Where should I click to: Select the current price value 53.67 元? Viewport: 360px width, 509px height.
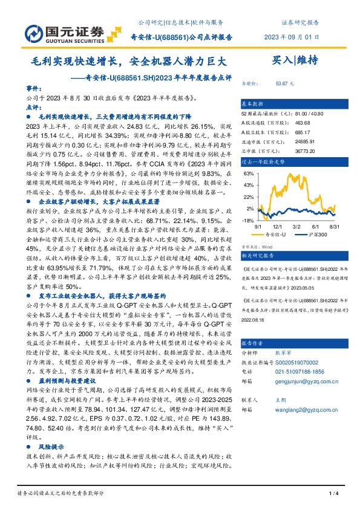[x=284, y=82]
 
